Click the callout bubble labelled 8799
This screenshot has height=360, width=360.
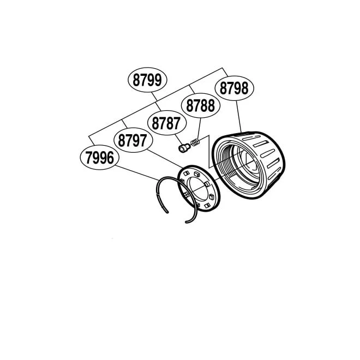147,80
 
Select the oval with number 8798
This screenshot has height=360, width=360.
234,88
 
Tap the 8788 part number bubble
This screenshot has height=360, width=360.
201,105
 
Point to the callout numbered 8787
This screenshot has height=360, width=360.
166,123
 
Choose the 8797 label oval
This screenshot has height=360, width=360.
133,140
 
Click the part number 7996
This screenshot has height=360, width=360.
100,158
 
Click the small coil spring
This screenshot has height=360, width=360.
195,142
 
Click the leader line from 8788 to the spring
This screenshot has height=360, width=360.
199,129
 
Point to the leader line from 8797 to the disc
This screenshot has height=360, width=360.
165,159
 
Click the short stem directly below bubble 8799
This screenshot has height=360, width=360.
154,97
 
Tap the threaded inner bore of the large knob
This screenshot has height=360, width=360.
239,165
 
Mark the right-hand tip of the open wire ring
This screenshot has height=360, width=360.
187,222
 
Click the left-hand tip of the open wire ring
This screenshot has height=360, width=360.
167,212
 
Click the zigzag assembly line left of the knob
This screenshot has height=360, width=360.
209,152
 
